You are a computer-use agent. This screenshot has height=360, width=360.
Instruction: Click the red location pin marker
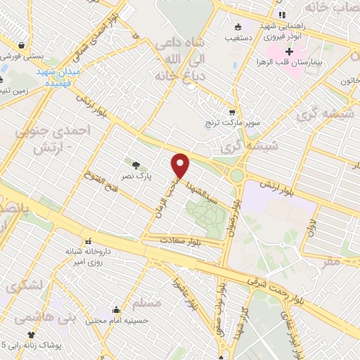point(181,165)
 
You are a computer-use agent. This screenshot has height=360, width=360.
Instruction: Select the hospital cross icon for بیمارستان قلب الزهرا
point(289,52)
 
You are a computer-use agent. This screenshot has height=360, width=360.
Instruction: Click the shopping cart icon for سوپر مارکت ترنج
point(232,112)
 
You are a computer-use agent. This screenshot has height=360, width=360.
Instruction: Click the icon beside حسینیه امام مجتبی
point(116,309)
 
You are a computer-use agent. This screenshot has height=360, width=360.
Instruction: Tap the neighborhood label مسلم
point(147,304)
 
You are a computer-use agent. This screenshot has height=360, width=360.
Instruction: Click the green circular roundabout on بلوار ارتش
point(238,174)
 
